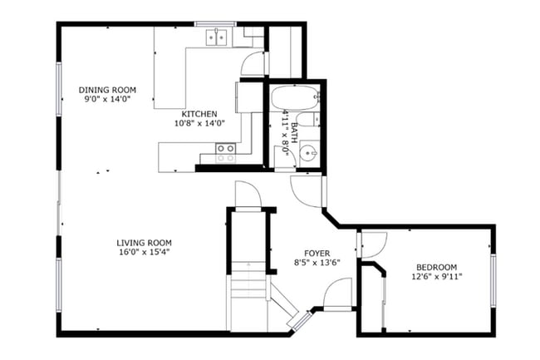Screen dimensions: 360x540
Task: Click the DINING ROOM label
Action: click(107, 90)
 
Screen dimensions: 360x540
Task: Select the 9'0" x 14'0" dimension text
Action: click(107, 99)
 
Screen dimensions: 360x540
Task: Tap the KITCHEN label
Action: click(199, 114)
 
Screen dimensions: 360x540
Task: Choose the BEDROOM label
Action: click(436, 268)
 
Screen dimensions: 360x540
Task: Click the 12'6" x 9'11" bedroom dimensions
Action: click(436, 277)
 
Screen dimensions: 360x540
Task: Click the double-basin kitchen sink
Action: click(218, 36)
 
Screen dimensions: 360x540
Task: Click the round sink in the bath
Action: click(307, 153)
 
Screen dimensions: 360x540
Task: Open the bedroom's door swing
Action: click(373, 244)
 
